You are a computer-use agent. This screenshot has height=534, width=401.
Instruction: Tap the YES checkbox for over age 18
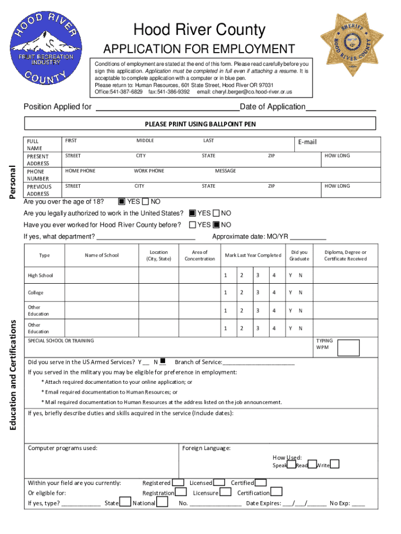pos(121,202)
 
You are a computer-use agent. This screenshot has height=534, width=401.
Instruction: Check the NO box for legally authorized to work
pos(216,213)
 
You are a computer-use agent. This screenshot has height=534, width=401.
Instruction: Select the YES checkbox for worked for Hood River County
pos(193,225)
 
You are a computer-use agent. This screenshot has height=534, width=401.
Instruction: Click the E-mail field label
pos(307,142)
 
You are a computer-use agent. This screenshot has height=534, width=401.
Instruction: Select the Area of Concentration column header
pos(200,256)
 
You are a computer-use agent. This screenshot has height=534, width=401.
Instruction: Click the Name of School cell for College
pos(102,293)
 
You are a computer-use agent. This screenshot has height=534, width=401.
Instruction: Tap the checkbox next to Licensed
pos(220,483)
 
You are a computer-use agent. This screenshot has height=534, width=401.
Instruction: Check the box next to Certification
pos(277,492)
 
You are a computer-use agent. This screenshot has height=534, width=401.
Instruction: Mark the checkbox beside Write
pos(335,464)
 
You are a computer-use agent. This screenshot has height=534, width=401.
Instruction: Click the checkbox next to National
pos(162,502)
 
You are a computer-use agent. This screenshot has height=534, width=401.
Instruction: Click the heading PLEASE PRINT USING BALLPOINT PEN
pos(200,124)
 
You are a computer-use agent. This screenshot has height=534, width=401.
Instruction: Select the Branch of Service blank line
pos(258,362)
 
